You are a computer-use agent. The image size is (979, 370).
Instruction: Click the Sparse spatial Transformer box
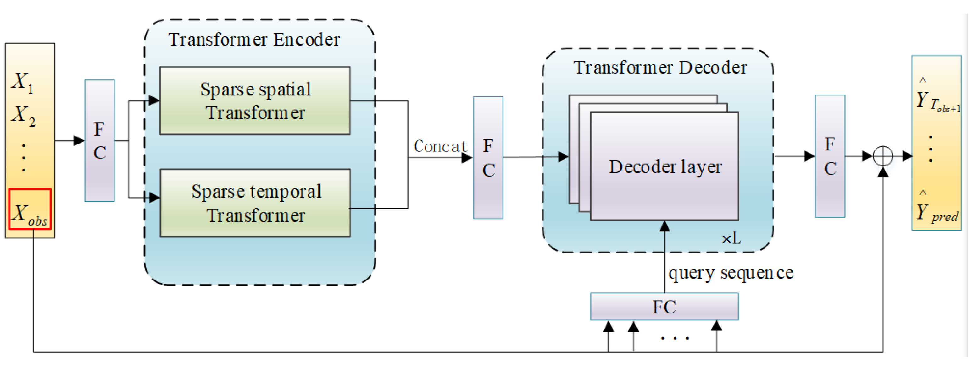point(255,101)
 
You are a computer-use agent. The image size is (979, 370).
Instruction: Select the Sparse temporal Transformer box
point(255,203)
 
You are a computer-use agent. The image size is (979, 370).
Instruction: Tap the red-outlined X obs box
point(30,209)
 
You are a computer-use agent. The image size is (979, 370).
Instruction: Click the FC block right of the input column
point(100,140)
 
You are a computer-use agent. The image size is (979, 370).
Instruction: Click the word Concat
point(440,146)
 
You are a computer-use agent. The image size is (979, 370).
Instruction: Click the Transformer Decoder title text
point(660,68)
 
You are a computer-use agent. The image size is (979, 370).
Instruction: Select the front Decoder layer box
point(664,167)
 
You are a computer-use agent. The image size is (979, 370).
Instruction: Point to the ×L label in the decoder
point(731,239)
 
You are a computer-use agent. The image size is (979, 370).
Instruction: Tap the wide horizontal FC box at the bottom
point(664,307)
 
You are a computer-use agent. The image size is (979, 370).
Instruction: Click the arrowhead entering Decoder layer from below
point(664,226)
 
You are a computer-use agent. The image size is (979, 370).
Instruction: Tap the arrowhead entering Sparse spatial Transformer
point(154,101)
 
